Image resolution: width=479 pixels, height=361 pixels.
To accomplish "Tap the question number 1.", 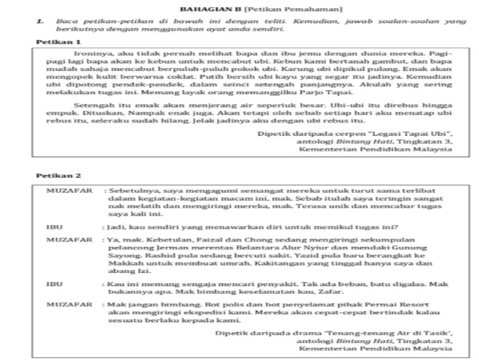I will click(x=39, y=21).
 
